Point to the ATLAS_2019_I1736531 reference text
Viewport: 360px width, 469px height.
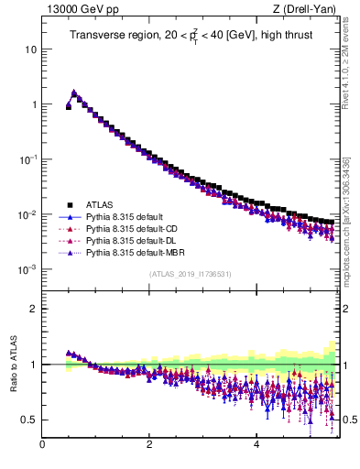[x=190, y=274]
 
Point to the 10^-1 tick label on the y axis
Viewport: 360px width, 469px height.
[x=27, y=158]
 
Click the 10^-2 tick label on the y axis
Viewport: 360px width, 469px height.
[x=27, y=214]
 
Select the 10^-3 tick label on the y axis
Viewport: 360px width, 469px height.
[x=27, y=269]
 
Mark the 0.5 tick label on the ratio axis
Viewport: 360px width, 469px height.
[x=29, y=420]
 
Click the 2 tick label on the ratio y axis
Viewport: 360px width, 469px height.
[x=33, y=309]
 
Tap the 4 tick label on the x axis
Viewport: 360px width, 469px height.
[x=256, y=446]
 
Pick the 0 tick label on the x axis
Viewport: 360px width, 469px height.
[x=42, y=446]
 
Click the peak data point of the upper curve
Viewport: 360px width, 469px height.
[x=74, y=93]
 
